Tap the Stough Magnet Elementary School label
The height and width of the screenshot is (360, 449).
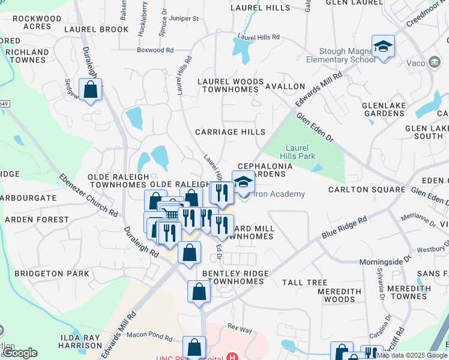tap(341, 55)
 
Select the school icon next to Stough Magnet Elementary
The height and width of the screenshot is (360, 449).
tap(383, 47)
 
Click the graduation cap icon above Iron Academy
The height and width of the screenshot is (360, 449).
tap(243, 182)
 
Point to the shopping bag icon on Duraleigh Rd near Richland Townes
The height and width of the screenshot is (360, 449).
tap(90, 90)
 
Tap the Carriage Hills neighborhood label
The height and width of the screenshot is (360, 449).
tap(230, 132)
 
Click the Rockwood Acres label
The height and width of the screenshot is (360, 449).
tap(37, 23)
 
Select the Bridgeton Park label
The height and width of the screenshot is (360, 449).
tap(52, 274)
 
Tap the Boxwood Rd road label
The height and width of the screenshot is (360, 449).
tap(155, 50)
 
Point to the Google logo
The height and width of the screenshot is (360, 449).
tap(20, 353)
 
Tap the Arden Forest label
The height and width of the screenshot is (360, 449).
tap(37, 220)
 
